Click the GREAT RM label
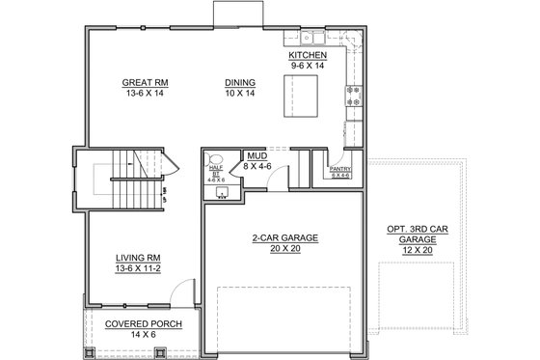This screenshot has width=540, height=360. coord(141,82)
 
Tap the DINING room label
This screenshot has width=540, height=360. coord(239,82)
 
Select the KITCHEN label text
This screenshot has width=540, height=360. coord(308,56)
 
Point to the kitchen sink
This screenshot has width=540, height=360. coord(310,39)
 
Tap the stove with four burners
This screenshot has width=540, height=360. coord(353,95)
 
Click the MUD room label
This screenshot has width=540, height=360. coord(256,154)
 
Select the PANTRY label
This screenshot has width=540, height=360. coord(339,169)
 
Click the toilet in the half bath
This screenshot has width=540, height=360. coord(216,157)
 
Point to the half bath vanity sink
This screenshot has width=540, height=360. coord(222,191)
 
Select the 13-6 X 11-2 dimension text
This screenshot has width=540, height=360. coord(137,268)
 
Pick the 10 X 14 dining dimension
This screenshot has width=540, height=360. coord(239,94)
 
